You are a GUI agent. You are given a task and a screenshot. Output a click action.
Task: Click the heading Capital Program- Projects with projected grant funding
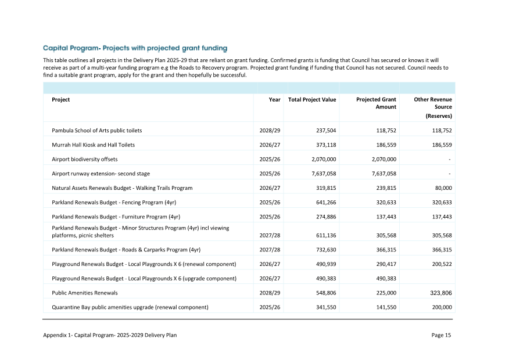pyautogui.click(x=135, y=48)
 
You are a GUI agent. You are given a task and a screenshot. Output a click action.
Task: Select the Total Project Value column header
pyautogui.click(x=312, y=99)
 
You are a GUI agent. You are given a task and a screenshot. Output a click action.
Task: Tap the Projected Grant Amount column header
pyautogui.click(x=376, y=103)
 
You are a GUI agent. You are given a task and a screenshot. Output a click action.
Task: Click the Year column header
pyautogui.click(x=274, y=99)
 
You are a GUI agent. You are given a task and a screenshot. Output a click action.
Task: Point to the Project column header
pyautogui.click(x=61, y=99)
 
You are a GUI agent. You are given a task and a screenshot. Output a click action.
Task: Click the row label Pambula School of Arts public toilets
pyautogui.click(x=96, y=131)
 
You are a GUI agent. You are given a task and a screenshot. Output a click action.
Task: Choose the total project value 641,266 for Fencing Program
pyautogui.click(x=324, y=202)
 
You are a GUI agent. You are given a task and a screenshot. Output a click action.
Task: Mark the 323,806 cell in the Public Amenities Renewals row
pyautogui.click(x=439, y=293)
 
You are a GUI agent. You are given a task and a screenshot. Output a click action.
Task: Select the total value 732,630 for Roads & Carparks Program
pyautogui.click(x=324, y=250)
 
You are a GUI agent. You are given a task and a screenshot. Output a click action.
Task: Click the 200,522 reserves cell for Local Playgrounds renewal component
pyautogui.click(x=440, y=264)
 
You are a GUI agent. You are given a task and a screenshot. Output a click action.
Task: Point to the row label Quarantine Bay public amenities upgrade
pyautogui.click(x=130, y=307)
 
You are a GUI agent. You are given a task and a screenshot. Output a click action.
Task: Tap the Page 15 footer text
pyautogui.click(x=441, y=335)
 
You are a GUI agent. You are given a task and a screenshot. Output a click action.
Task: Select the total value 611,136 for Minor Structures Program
pyautogui.click(x=324, y=236)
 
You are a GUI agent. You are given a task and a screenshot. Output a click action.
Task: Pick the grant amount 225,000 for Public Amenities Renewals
pyautogui.click(x=384, y=293)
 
